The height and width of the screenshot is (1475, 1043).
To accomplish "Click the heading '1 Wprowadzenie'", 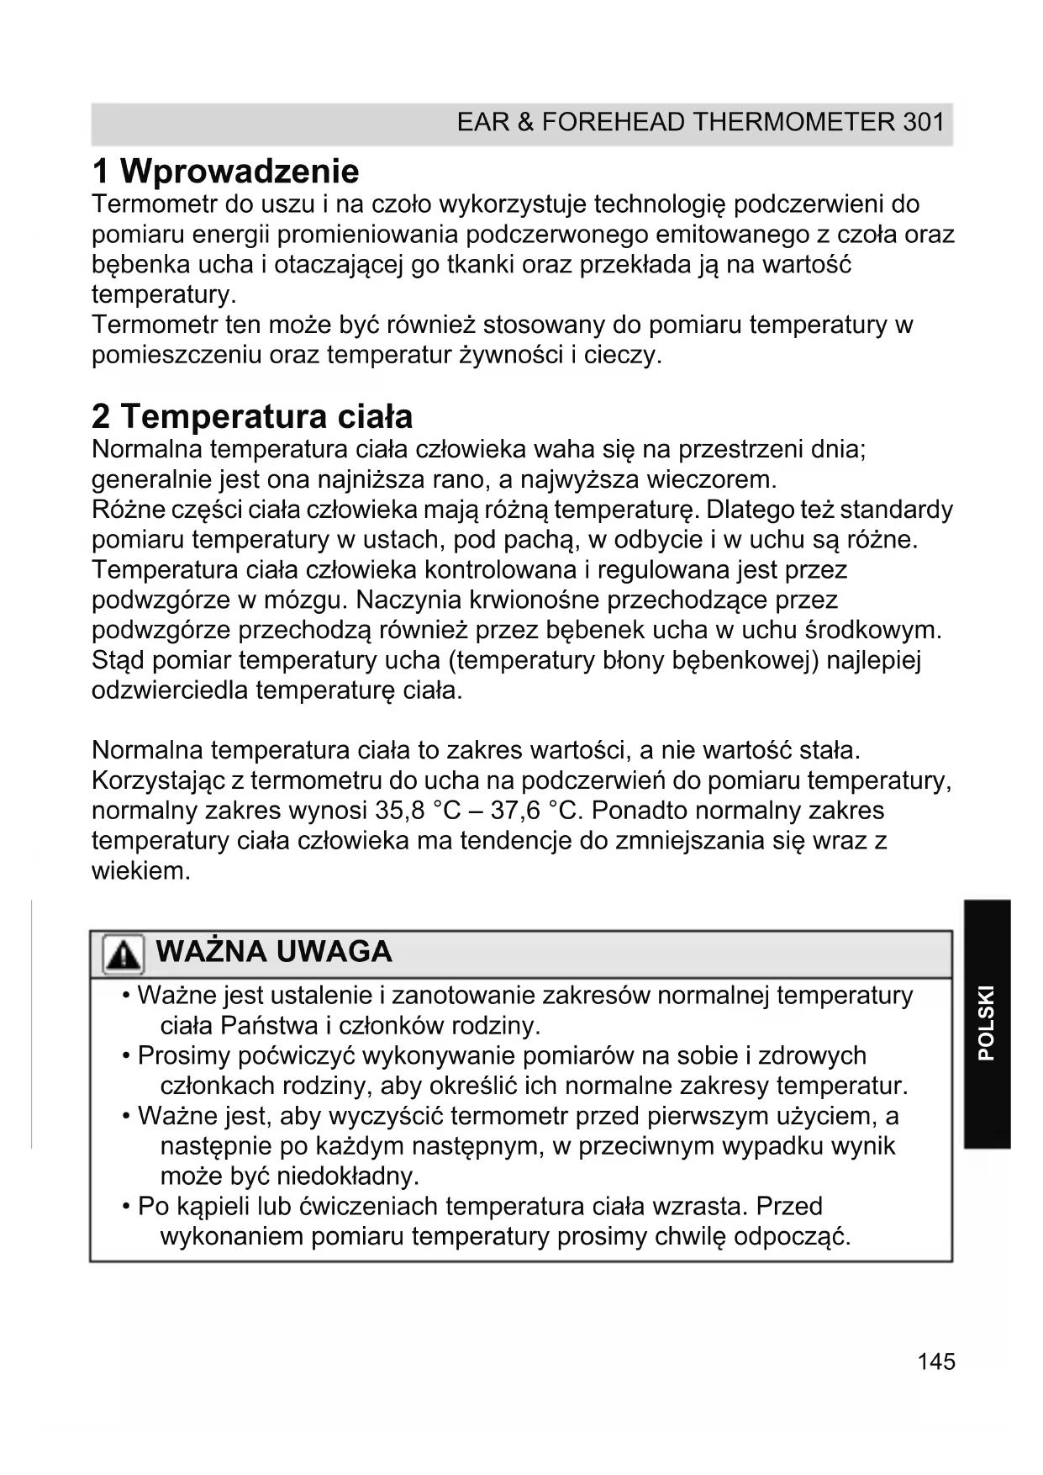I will [225, 172].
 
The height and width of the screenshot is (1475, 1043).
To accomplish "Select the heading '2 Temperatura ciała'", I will [252, 416].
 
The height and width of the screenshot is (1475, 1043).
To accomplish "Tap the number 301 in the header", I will [924, 123].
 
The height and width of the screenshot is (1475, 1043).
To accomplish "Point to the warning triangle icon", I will [123, 955].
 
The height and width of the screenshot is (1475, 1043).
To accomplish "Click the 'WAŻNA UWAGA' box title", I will [274, 952].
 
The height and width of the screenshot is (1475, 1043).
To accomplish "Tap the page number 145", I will [936, 1361].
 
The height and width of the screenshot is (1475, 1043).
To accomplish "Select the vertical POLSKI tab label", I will [987, 1023].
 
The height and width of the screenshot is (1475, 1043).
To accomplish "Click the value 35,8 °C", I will [416, 811].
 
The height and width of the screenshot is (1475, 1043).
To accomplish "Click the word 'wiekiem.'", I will [141, 871].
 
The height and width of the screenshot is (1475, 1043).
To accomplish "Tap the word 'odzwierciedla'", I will [170, 691].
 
